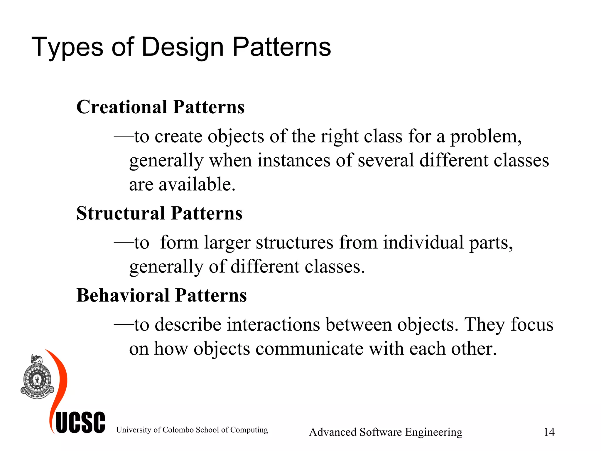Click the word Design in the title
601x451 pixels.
[183, 47]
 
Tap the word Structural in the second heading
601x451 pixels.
[121, 213]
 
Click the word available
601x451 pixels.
[197, 185]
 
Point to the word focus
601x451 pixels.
[532, 325]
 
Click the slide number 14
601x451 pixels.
[549, 432]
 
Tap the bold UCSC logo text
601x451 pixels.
[80, 423]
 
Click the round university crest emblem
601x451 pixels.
[37, 379]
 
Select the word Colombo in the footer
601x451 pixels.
[178, 430]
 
